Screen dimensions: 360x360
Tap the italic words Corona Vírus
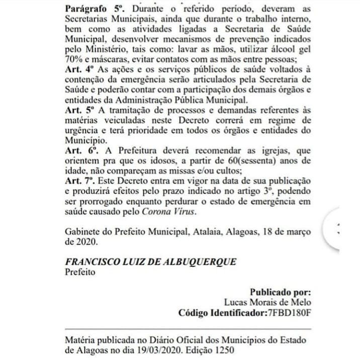[168, 212]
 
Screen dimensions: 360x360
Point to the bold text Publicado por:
[280, 292]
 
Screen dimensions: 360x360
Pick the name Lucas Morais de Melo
[267, 302]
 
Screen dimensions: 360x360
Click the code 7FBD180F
[289, 313]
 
